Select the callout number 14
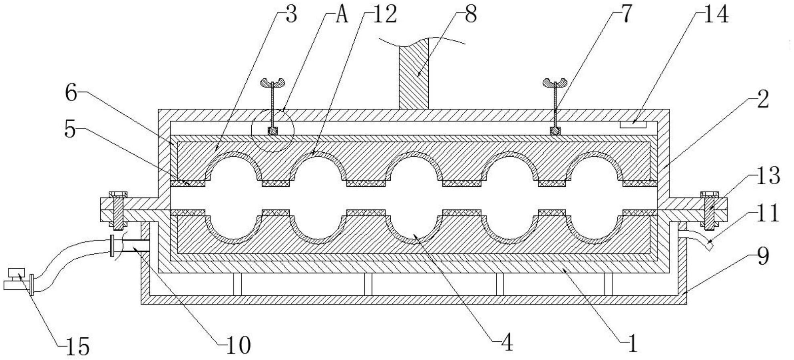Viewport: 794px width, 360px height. coord(716,15)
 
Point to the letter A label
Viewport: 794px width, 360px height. coord(341,15)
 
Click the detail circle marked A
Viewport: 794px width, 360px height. coord(273,131)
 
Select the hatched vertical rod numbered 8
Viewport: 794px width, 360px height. coord(413,77)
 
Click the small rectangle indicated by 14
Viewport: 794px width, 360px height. coord(634,124)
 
